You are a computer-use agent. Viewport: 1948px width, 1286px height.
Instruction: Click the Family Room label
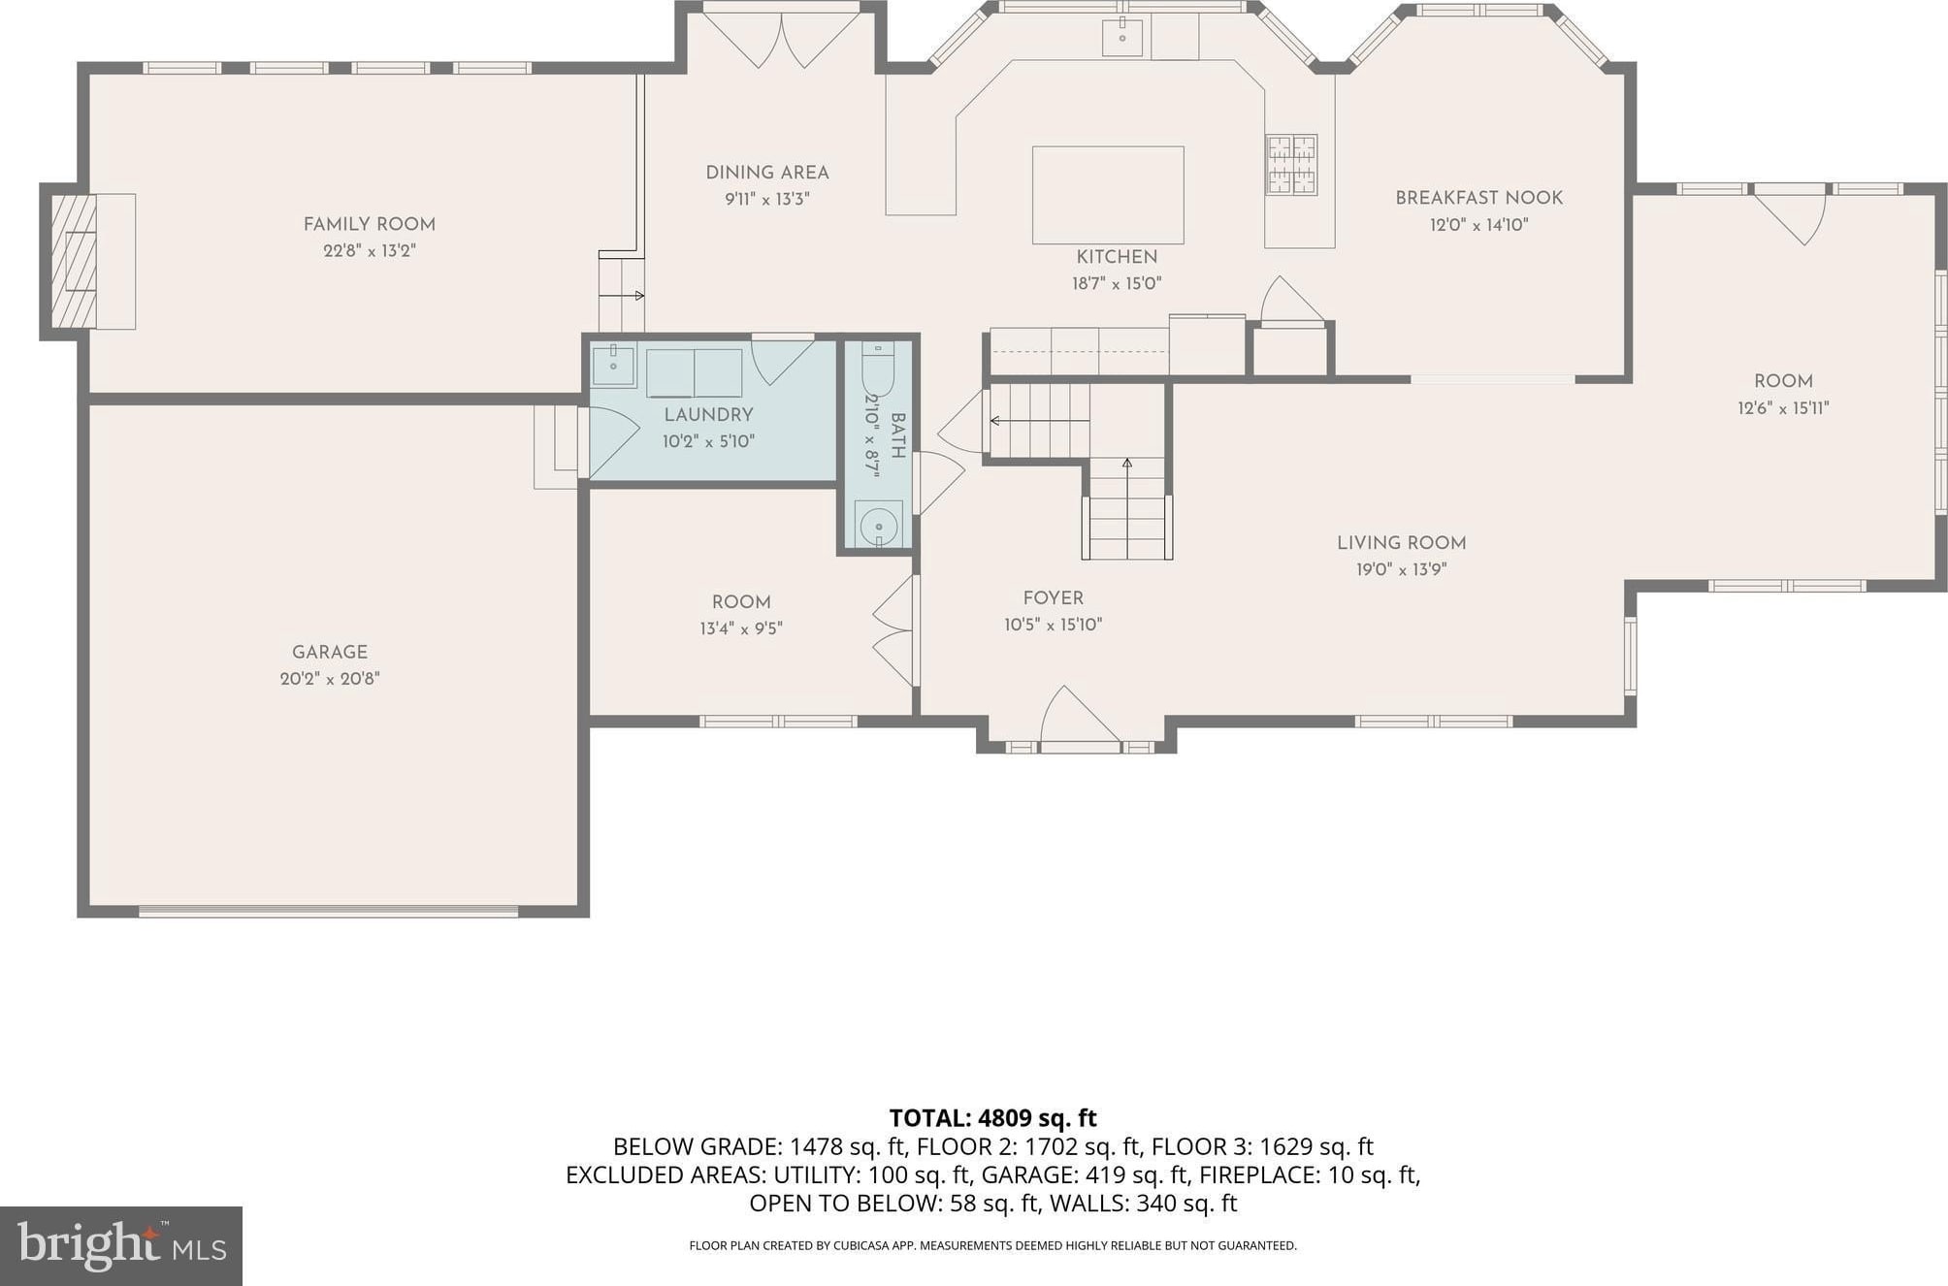369,224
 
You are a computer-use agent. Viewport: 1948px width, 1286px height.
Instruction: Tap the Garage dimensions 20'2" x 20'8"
330,679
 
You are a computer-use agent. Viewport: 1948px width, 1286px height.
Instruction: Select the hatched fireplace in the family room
75,262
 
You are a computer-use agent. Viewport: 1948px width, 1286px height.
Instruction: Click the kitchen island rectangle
1108,195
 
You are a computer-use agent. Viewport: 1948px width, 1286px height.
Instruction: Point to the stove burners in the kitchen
1291,165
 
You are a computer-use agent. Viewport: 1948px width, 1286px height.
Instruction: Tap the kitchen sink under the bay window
1122,38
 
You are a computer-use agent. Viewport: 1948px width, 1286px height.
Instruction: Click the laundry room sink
613,367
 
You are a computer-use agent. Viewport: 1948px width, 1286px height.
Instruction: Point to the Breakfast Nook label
1478,198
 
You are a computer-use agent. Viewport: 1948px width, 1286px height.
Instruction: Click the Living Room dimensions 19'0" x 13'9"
1401,570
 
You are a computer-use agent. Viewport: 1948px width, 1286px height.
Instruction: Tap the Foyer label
1053,598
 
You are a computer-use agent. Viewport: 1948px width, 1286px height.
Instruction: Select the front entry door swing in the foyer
1080,717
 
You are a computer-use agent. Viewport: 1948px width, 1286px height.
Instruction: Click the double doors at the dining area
782,39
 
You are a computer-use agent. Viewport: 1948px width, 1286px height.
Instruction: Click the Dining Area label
767,173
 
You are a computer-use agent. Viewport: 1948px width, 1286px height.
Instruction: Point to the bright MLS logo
121,1246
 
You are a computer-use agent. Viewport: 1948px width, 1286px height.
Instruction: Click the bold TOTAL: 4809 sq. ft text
992,1118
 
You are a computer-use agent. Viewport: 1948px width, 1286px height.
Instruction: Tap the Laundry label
708,415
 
